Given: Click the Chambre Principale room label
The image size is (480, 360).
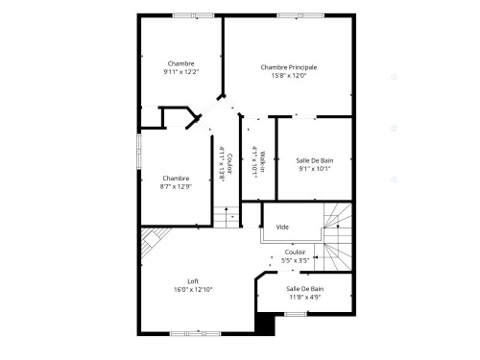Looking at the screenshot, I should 289,67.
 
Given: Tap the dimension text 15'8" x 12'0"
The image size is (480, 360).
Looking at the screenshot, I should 289,77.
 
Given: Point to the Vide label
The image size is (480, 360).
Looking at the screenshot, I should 282,228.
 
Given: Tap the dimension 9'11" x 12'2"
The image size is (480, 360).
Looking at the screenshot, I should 180,72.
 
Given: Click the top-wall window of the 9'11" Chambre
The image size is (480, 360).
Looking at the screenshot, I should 181,15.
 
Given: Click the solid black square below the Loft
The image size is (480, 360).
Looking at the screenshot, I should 265,324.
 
